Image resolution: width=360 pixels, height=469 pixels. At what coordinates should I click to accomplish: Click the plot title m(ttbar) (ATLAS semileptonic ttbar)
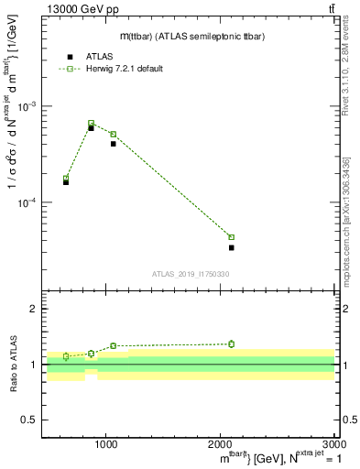pos(184,36)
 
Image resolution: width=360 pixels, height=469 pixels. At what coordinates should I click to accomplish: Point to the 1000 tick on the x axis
pos(107,445)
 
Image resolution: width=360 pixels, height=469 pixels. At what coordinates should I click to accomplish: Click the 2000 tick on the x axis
pos(221,445)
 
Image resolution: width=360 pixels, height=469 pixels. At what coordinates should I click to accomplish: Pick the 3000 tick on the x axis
pos(334,445)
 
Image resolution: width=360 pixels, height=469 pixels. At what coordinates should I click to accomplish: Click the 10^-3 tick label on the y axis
pos(27,106)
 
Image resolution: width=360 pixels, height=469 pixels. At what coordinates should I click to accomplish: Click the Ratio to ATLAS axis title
pos(13,365)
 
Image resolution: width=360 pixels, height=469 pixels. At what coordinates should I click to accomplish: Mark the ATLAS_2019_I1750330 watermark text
pos(191,274)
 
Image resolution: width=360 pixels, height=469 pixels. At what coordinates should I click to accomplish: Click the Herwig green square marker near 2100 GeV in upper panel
pos(232,237)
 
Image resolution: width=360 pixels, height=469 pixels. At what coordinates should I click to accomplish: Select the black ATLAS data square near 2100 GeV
pos(232,247)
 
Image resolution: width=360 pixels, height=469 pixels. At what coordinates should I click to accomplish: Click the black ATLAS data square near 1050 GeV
pos(114,144)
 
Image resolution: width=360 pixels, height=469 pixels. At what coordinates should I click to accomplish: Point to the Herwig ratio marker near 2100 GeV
pos(232,344)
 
